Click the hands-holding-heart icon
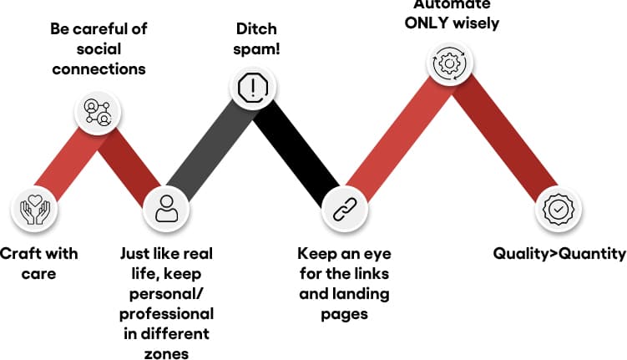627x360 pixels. (34, 209)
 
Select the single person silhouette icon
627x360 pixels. (166, 208)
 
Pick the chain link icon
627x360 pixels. (340, 209)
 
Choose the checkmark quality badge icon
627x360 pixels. (554, 208)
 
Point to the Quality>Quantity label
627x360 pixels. (559, 253)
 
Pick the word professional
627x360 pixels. (165, 314)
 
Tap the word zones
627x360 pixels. (166, 354)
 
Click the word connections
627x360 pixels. (99, 68)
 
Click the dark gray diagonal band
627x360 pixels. (209, 150)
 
